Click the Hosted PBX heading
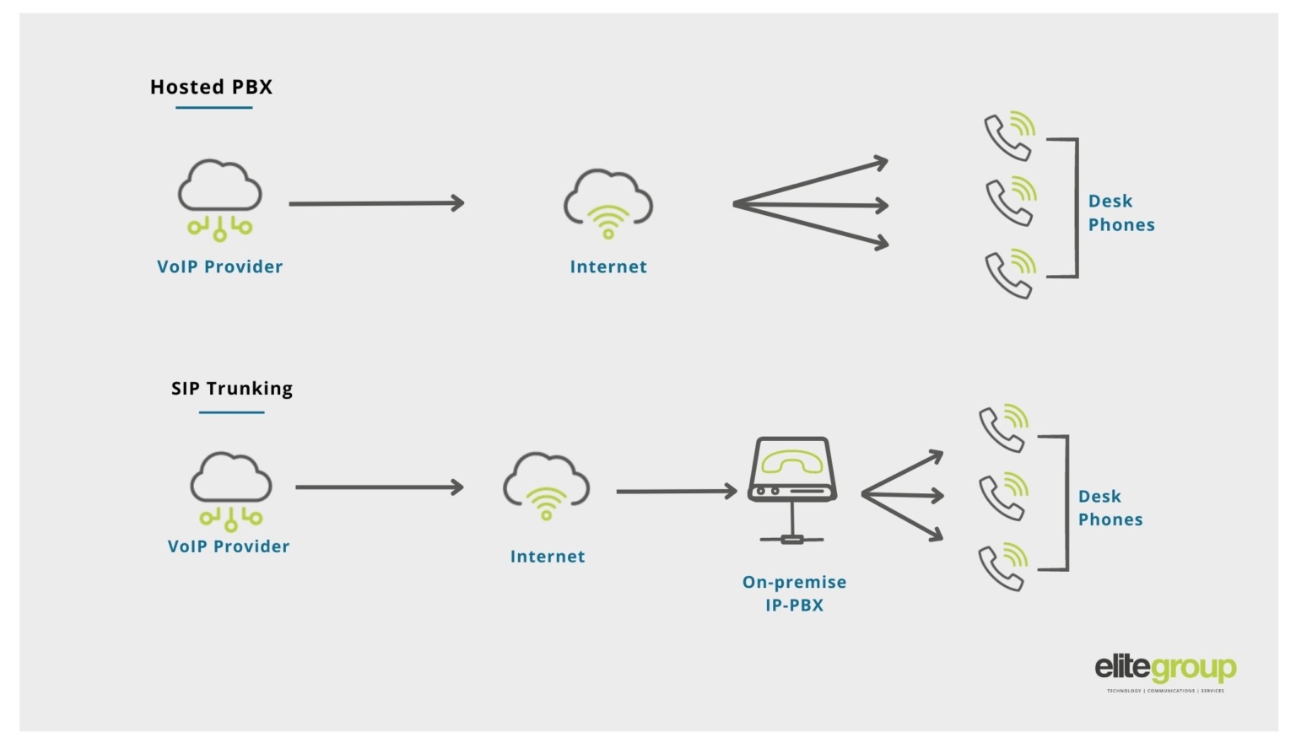[x=211, y=87]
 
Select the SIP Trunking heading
[x=232, y=388]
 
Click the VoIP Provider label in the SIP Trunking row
[x=229, y=546]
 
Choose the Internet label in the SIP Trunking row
[x=548, y=557]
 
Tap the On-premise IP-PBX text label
[x=794, y=593]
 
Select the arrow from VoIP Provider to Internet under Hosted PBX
[x=376, y=203]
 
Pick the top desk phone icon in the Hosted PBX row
[x=1009, y=135]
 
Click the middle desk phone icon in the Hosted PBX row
[x=1011, y=201]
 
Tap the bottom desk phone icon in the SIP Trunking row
[x=1003, y=567]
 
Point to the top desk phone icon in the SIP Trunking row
[x=1003, y=428]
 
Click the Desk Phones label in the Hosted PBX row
[x=1120, y=213]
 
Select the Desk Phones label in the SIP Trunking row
[x=1110, y=508]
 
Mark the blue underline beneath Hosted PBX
[x=214, y=108]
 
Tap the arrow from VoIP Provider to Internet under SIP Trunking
[x=379, y=487]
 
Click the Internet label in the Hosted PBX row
[x=608, y=266]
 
